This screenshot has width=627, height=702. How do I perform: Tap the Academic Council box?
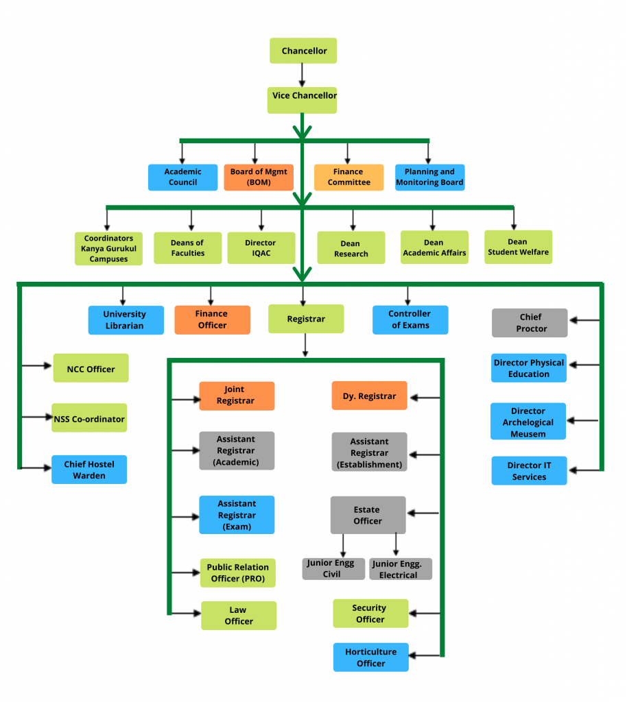[183, 178]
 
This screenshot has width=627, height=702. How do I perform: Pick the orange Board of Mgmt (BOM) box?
[259, 178]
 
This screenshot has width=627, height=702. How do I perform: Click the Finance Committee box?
[348, 178]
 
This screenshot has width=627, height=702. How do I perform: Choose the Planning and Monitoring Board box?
[429, 178]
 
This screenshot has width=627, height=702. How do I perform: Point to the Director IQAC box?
[261, 248]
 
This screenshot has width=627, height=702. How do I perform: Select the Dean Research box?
[351, 248]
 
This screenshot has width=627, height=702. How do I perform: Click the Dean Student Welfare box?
[518, 247]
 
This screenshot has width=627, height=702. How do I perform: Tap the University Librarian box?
[126, 320]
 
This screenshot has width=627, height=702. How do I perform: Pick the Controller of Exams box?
[410, 320]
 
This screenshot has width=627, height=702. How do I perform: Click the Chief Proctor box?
[530, 323]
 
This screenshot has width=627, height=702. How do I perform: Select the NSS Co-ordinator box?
[89, 417]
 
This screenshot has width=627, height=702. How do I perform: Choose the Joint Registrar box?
[237, 396]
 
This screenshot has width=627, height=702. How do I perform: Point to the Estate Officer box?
[368, 515]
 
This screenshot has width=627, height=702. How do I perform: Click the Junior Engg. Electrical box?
[401, 569]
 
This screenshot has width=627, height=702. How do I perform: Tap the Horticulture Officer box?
[371, 657]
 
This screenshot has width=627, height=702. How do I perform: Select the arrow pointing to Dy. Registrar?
[425, 397]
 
